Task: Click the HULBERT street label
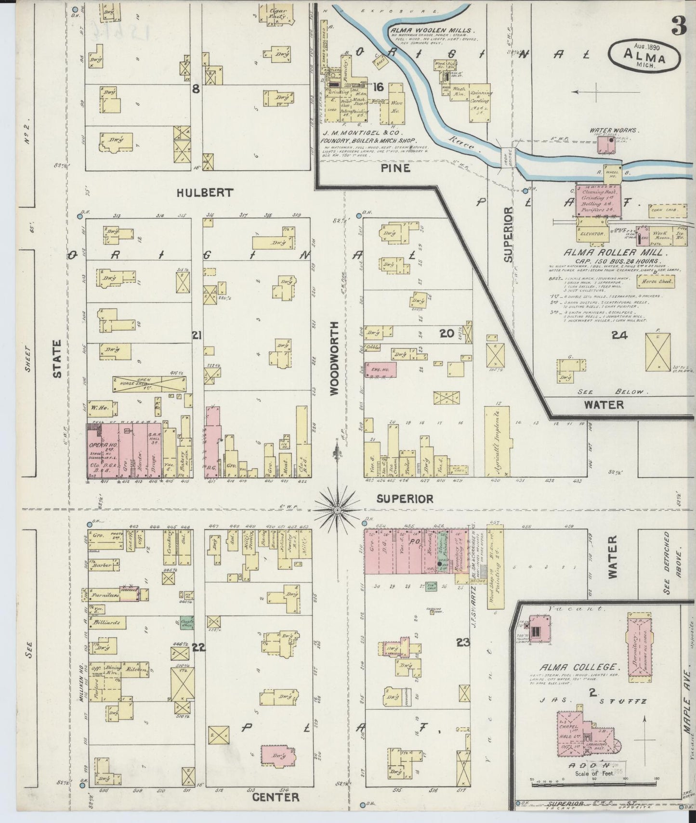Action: point(205,193)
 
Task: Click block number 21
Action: point(196,335)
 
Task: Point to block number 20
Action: point(446,333)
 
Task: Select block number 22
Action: point(198,647)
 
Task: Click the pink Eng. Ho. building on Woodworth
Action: point(381,368)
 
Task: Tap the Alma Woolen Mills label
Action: point(426,29)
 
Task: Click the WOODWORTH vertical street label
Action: point(336,359)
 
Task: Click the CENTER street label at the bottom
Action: point(276,797)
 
